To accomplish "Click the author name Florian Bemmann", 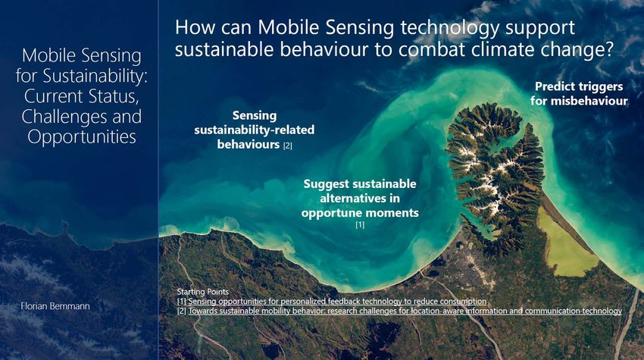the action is (x=55, y=306).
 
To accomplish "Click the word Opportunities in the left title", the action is (x=82, y=137).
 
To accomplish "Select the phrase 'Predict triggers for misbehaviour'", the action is (x=579, y=94).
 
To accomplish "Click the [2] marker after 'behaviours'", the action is (x=287, y=146).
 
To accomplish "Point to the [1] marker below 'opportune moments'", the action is (x=360, y=224).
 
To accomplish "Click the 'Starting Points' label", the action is (x=202, y=292).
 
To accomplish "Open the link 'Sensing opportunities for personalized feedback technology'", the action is (x=337, y=301).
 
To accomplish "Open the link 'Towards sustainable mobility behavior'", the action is (x=405, y=311).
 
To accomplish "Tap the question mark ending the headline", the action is (x=608, y=49).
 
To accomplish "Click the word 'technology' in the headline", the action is (x=450, y=28).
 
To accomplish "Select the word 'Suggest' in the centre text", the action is (x=327, y=184).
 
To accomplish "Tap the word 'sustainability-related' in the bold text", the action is (x=255, y=130).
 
